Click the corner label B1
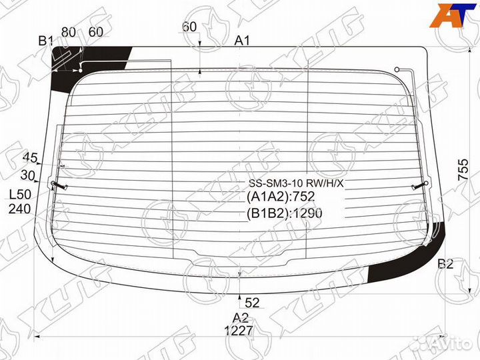pyautogui.click(x=46, y=41)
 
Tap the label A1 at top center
pyautogui.click(x=242, y=41)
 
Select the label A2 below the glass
pyautogui.click(x=240, y=318)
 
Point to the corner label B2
pyautogui.click(x=445, y=263)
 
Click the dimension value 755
pyautogui.click(x=463, y=169)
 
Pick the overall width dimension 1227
pyautogui.click(x=239, y=331)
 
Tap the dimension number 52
pyautogui.click(x=252, y=303)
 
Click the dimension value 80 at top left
pyautogui.click(x=69, y=32)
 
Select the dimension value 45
pyautogui.click(x=30, y=158)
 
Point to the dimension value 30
pyautogui.click(x=28, y=175)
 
